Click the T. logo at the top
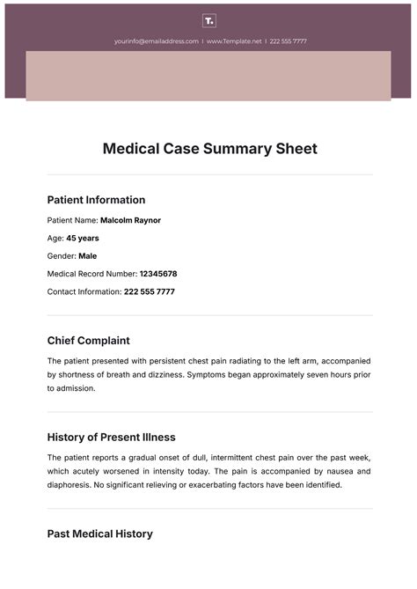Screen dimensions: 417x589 (x=208, y=20)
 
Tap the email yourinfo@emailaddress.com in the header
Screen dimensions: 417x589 (x=156, y=41)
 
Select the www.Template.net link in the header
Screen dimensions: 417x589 (x=233, y=41)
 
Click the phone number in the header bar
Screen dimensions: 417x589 (x=288, y=41)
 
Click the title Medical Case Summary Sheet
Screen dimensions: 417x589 (x=209, y=148)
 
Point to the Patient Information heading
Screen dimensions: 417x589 (x=96, y=200)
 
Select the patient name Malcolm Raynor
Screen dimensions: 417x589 (x=130, y=220)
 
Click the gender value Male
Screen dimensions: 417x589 (x=87, y=256)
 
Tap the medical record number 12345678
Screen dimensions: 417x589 (x=158, y=274)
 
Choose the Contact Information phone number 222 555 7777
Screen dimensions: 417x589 (x=150, y=291)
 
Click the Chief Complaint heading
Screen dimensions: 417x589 (x=88, y=341)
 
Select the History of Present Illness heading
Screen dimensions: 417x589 (x=111, y=437)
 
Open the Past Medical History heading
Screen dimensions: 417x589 (x=99, y=534)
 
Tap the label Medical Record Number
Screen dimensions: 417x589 (x=91, y=274)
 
